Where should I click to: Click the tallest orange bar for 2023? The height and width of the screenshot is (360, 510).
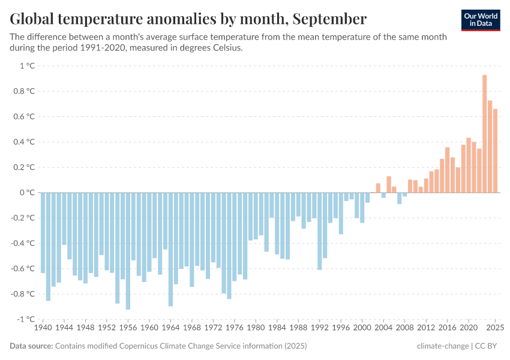pyautogui.click(x=484, y=133)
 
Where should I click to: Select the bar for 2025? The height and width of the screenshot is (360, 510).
pyautogui.click(x=495, y=150)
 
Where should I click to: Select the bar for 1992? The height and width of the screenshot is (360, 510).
pyautogui.click(x=320, y=231)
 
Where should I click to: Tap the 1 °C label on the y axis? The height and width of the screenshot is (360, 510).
pyautogui.click(x=27, y=66)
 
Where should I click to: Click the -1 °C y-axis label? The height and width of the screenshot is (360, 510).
pyautogui.click(x=26, y=319)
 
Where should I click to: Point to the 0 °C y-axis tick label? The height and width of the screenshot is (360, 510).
pyautogui.click(x=27, y=193)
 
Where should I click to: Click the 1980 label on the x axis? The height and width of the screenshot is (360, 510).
pyautogui.click(x=256, y=328)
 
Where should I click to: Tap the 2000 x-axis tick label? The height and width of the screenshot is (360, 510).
pyautogui.click(x=362, y=328)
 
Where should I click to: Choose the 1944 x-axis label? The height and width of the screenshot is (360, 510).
pyautogui.click(x=64, y=328)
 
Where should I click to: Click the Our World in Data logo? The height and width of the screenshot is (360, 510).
pyautogui.click(x=481, y=19)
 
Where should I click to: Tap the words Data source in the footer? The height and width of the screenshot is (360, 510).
pyautogui.click(x=31, y=346)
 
